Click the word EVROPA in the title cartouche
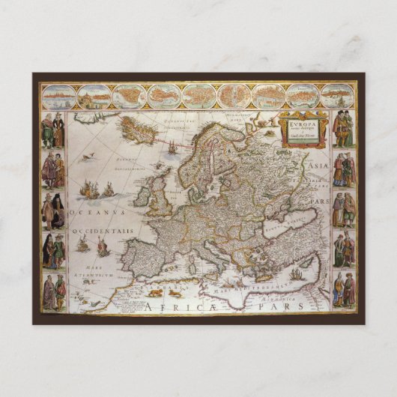294,119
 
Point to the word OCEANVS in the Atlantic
92,213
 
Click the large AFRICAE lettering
181,306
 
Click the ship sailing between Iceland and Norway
172,148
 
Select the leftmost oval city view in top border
60,96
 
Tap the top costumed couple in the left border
53,130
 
